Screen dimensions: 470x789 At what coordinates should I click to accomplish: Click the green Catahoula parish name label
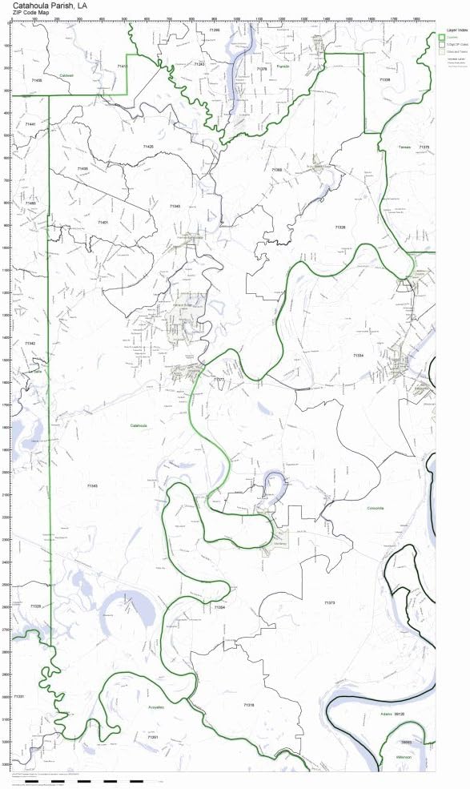(x=139, y=425)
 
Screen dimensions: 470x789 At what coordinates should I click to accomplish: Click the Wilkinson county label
(x=402, y=756)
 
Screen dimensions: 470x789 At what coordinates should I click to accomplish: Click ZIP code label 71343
(x=92, y=485)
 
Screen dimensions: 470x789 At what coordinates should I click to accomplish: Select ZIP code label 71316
(x=248, y=704)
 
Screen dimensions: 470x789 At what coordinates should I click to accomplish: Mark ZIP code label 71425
(x=147, y=147)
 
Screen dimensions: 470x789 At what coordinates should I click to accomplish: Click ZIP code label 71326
(x=339, y=227)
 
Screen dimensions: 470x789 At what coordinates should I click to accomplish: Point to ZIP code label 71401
(x=102, y=221)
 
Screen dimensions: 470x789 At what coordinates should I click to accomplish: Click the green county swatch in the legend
(x=441, y=38)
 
